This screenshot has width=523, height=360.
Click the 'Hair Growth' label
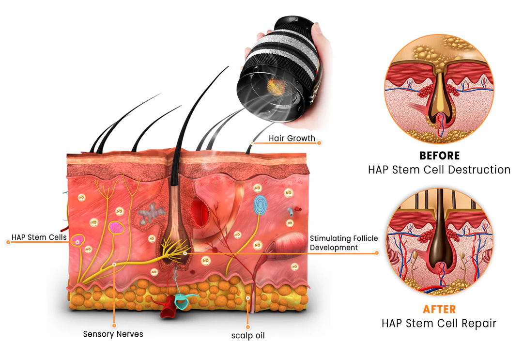click(x=292, y=139)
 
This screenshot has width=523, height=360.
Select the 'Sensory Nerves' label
click(x=113, y=334)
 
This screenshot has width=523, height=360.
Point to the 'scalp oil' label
click(x=248, y=335)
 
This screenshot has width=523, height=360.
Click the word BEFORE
click(x=439, y=156)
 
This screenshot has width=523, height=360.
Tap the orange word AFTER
click(x=439, y=309)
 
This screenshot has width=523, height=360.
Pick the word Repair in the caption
click(x=479, y=323)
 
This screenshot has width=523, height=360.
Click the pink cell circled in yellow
click(x=115, y=227)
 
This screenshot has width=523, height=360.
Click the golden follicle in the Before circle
click(x=438, y=100)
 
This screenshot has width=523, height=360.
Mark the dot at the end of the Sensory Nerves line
click(x=114, y=326)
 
